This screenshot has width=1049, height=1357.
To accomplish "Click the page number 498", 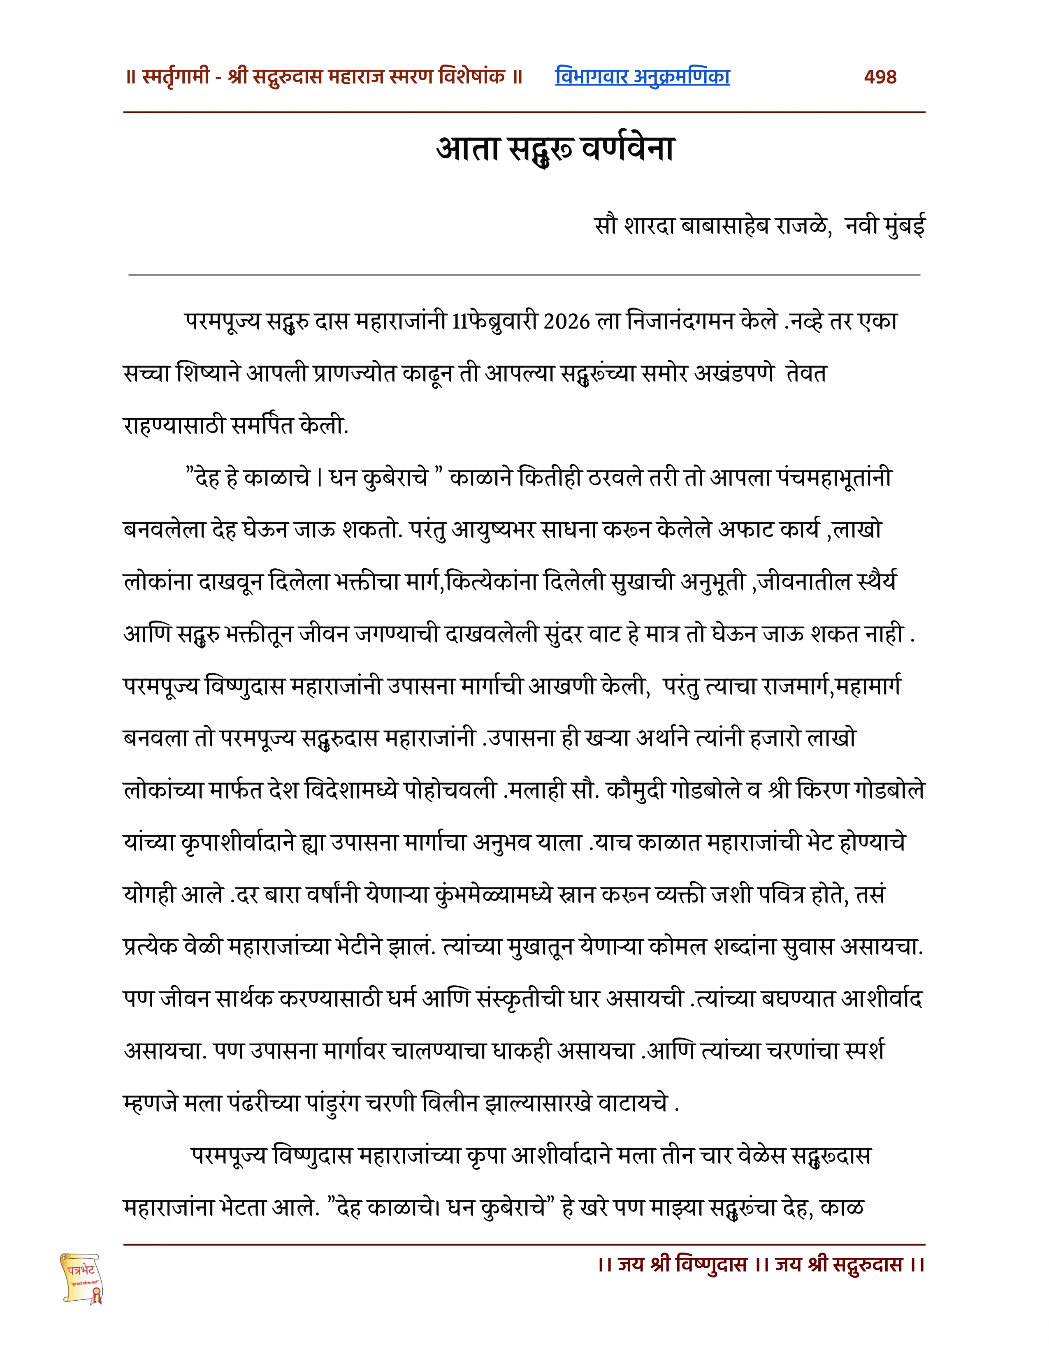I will point(880,77).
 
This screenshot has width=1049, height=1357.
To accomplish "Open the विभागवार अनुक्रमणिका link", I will point(642,77).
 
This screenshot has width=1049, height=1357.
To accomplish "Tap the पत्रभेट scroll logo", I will point(82,1278).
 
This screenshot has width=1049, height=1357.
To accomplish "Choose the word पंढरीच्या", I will point(258,1104).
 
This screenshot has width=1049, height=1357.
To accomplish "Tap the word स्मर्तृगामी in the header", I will point(176,77).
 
